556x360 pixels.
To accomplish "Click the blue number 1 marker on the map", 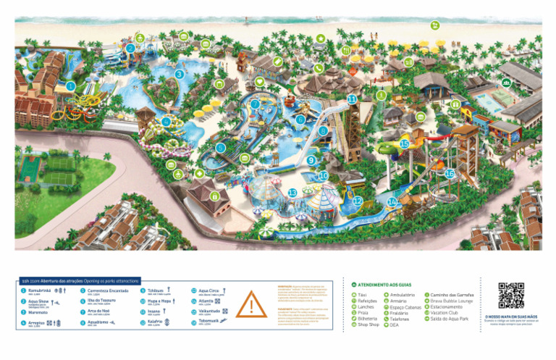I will (70, 86).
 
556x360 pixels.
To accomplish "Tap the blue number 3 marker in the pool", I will (179, 74).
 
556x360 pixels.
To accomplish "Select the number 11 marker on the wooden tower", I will (352, 99).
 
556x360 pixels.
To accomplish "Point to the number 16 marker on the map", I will (450, 174).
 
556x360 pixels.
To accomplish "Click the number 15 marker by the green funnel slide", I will (404, 144).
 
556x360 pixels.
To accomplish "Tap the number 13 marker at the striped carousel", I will (292, 193).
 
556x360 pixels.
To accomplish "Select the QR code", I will (511, 296).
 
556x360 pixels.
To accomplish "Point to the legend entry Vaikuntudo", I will (209, 311).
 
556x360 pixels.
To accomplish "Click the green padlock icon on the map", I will (214, 196).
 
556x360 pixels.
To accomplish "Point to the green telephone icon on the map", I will (318, 68).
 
